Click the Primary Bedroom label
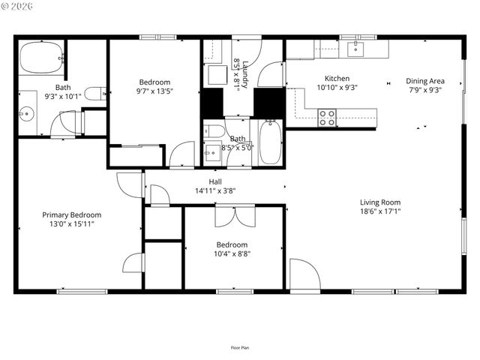[x=71, y=214]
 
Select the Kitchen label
[x=337, y=78]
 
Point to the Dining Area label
[x=424, y=81]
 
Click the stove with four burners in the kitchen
[x=327, y=117]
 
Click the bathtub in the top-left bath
[x=40, y=58]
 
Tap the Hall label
[x=215, y=181]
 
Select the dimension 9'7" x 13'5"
[x=154, y=91]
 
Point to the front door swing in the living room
[x=304, y=274]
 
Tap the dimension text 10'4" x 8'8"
[x=232, y=253]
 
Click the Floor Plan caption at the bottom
[x=240, y=347]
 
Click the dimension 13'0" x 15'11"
[x=71, y=223]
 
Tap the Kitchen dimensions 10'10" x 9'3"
[x=337, y=88]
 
